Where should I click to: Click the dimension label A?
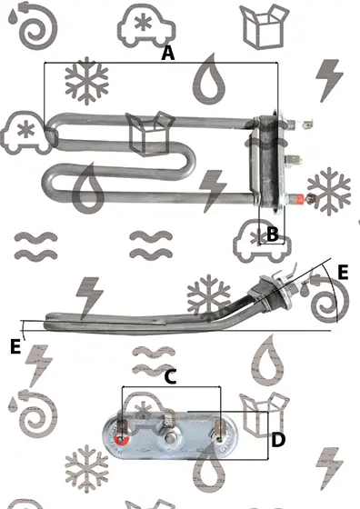tap(168, 54)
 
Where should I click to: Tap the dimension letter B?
tap(273, 234)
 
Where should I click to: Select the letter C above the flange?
tap(170, 377)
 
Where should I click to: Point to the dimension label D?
tap(278, 440)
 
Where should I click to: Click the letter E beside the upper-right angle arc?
tap(343, 272)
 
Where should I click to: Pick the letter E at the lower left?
tap(15, 346)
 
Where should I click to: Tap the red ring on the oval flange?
tap(122, 439)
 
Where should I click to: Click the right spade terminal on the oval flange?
tap(218, 429)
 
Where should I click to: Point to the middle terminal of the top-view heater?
tap(294, 160)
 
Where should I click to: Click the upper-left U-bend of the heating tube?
tap(52, 129)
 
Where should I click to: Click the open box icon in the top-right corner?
tap(265, 26)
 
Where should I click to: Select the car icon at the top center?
tap(146, 26)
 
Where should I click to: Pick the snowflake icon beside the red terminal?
tap(329, 192)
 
